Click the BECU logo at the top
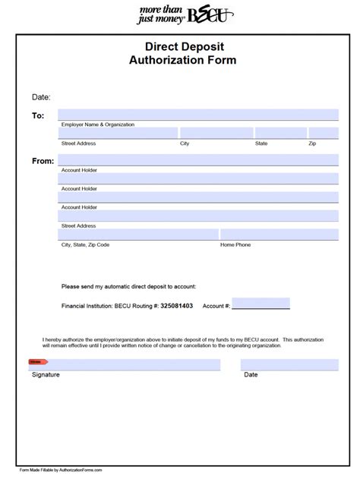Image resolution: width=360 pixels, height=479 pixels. click(181, 14)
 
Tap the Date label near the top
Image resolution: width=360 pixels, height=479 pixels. click(40, 97)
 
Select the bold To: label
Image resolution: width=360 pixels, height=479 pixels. click(38, 115)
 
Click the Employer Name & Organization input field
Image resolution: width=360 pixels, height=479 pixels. click(199, 115)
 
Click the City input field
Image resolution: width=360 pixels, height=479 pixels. click(216, 134)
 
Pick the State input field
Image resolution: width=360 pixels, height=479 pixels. click(279, 134)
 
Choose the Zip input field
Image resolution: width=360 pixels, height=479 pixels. click(324, 134)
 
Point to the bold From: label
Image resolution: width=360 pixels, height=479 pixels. click(43, 161)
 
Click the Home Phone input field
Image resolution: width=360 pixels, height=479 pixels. click(279, 235)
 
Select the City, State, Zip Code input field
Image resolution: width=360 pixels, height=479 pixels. click(139, 235)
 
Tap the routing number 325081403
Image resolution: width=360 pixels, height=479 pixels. click(172, 306)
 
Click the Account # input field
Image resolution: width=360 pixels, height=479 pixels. click(261, 304)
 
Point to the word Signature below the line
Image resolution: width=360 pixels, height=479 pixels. click(46, 375)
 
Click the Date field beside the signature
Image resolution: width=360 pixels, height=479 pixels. click(289, 365)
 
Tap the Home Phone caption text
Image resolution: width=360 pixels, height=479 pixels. click(236, 245)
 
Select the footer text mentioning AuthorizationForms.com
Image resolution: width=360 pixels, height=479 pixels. click(61, 470)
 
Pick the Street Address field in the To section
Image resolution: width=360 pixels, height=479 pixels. click(118, 134)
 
